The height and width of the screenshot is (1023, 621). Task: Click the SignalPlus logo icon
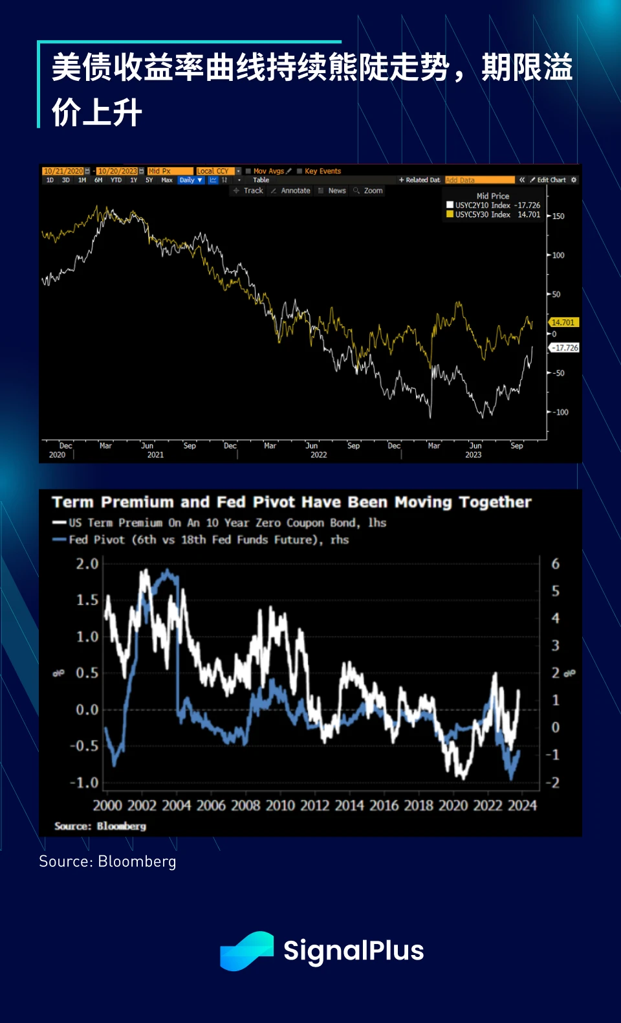pos(246,950)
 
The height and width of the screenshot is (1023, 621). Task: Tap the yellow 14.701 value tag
pos(563,322)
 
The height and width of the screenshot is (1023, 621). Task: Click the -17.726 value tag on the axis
pos(565,348)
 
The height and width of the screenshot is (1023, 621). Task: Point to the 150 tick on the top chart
pos(558,216)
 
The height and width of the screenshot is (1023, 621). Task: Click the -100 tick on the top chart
pos(561,412)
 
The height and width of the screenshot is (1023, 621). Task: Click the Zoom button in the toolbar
pos(369,191)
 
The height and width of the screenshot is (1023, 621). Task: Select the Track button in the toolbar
pos(249,191)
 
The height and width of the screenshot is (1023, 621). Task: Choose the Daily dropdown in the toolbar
pos(191,180)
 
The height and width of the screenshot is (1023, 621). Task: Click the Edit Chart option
pos(550,180)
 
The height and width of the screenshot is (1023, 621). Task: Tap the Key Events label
pos(322,171)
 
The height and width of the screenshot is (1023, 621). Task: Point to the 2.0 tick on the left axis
pos(87,564)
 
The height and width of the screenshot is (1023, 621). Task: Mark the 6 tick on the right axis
pos(555,564)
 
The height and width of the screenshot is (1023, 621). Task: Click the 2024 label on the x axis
pos(522,805)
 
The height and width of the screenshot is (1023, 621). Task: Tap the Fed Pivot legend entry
pos(201,540)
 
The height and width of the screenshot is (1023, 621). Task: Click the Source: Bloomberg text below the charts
pos(107,862)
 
